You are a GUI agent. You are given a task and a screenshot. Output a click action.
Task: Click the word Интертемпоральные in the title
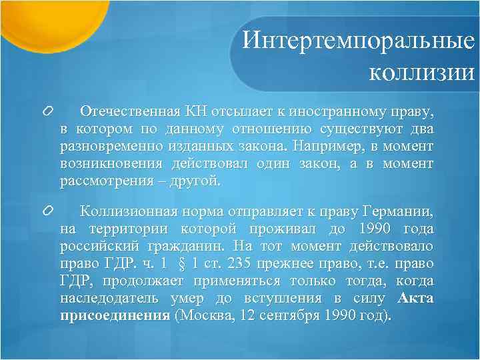(x=359, y=41)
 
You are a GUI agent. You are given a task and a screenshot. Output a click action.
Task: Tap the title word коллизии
(x=421, y=70)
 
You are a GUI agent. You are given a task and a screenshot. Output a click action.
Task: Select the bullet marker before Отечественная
(x=47, y=110)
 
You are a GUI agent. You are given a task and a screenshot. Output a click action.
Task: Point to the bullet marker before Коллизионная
(x=47, y=211)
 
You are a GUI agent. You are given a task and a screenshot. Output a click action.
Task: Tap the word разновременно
(x=104, y=145)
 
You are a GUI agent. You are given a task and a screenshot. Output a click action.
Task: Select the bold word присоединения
(x=115, y=315)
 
